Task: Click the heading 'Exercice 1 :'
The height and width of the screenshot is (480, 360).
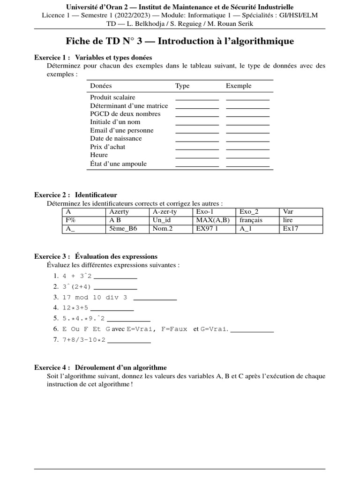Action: tap(52, 57)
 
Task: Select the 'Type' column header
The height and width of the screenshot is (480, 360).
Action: tap(182, 86)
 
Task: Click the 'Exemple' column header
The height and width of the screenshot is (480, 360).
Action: tap(239, 86)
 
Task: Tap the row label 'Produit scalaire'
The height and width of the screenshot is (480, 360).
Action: tap(112, 97)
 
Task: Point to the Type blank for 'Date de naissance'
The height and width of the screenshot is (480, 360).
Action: tap(197, 139)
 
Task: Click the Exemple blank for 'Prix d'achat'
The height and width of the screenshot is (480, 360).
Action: tap(247, 148)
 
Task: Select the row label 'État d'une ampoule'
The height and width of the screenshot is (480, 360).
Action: tap(118, 164)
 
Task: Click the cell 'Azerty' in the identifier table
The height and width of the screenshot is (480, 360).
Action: tap(119, 212)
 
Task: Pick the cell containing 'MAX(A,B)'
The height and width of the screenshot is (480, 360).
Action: tap(213, 220)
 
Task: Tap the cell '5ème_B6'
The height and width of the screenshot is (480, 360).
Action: tap(121, 229)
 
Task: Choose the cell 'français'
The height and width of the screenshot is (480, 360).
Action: tap(251, 220)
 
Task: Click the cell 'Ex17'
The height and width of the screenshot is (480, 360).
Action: tap(291, 229)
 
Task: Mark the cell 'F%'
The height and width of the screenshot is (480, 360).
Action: tap(71, 220)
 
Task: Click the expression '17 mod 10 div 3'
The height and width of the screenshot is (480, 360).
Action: tap(95, 297)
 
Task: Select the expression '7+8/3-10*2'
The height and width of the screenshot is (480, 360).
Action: tap(84, 339)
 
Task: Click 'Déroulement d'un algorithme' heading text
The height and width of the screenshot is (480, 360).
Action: tap(120, 367)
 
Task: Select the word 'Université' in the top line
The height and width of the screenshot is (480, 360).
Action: tap(82, 7)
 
